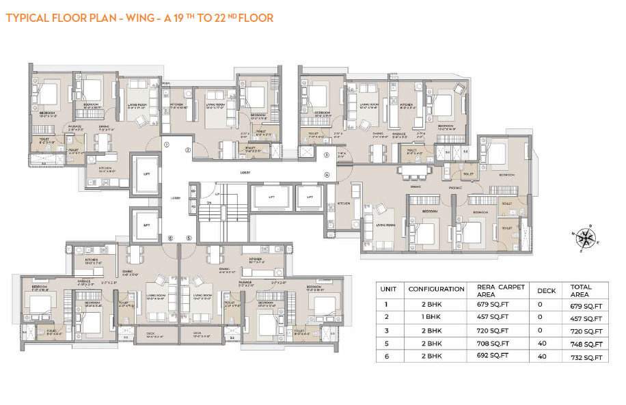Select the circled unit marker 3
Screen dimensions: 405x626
[x=327, y=156]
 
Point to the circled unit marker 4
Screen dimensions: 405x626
[x=327, y=175]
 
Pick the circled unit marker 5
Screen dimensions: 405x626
[x=189, y=238]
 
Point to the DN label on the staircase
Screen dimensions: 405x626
[x=210, y=203]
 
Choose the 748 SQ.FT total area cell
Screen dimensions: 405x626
[x=586, y=344]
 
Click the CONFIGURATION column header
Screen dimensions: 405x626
[x=427, y=288]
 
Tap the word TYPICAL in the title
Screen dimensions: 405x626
[x=29, y=18]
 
